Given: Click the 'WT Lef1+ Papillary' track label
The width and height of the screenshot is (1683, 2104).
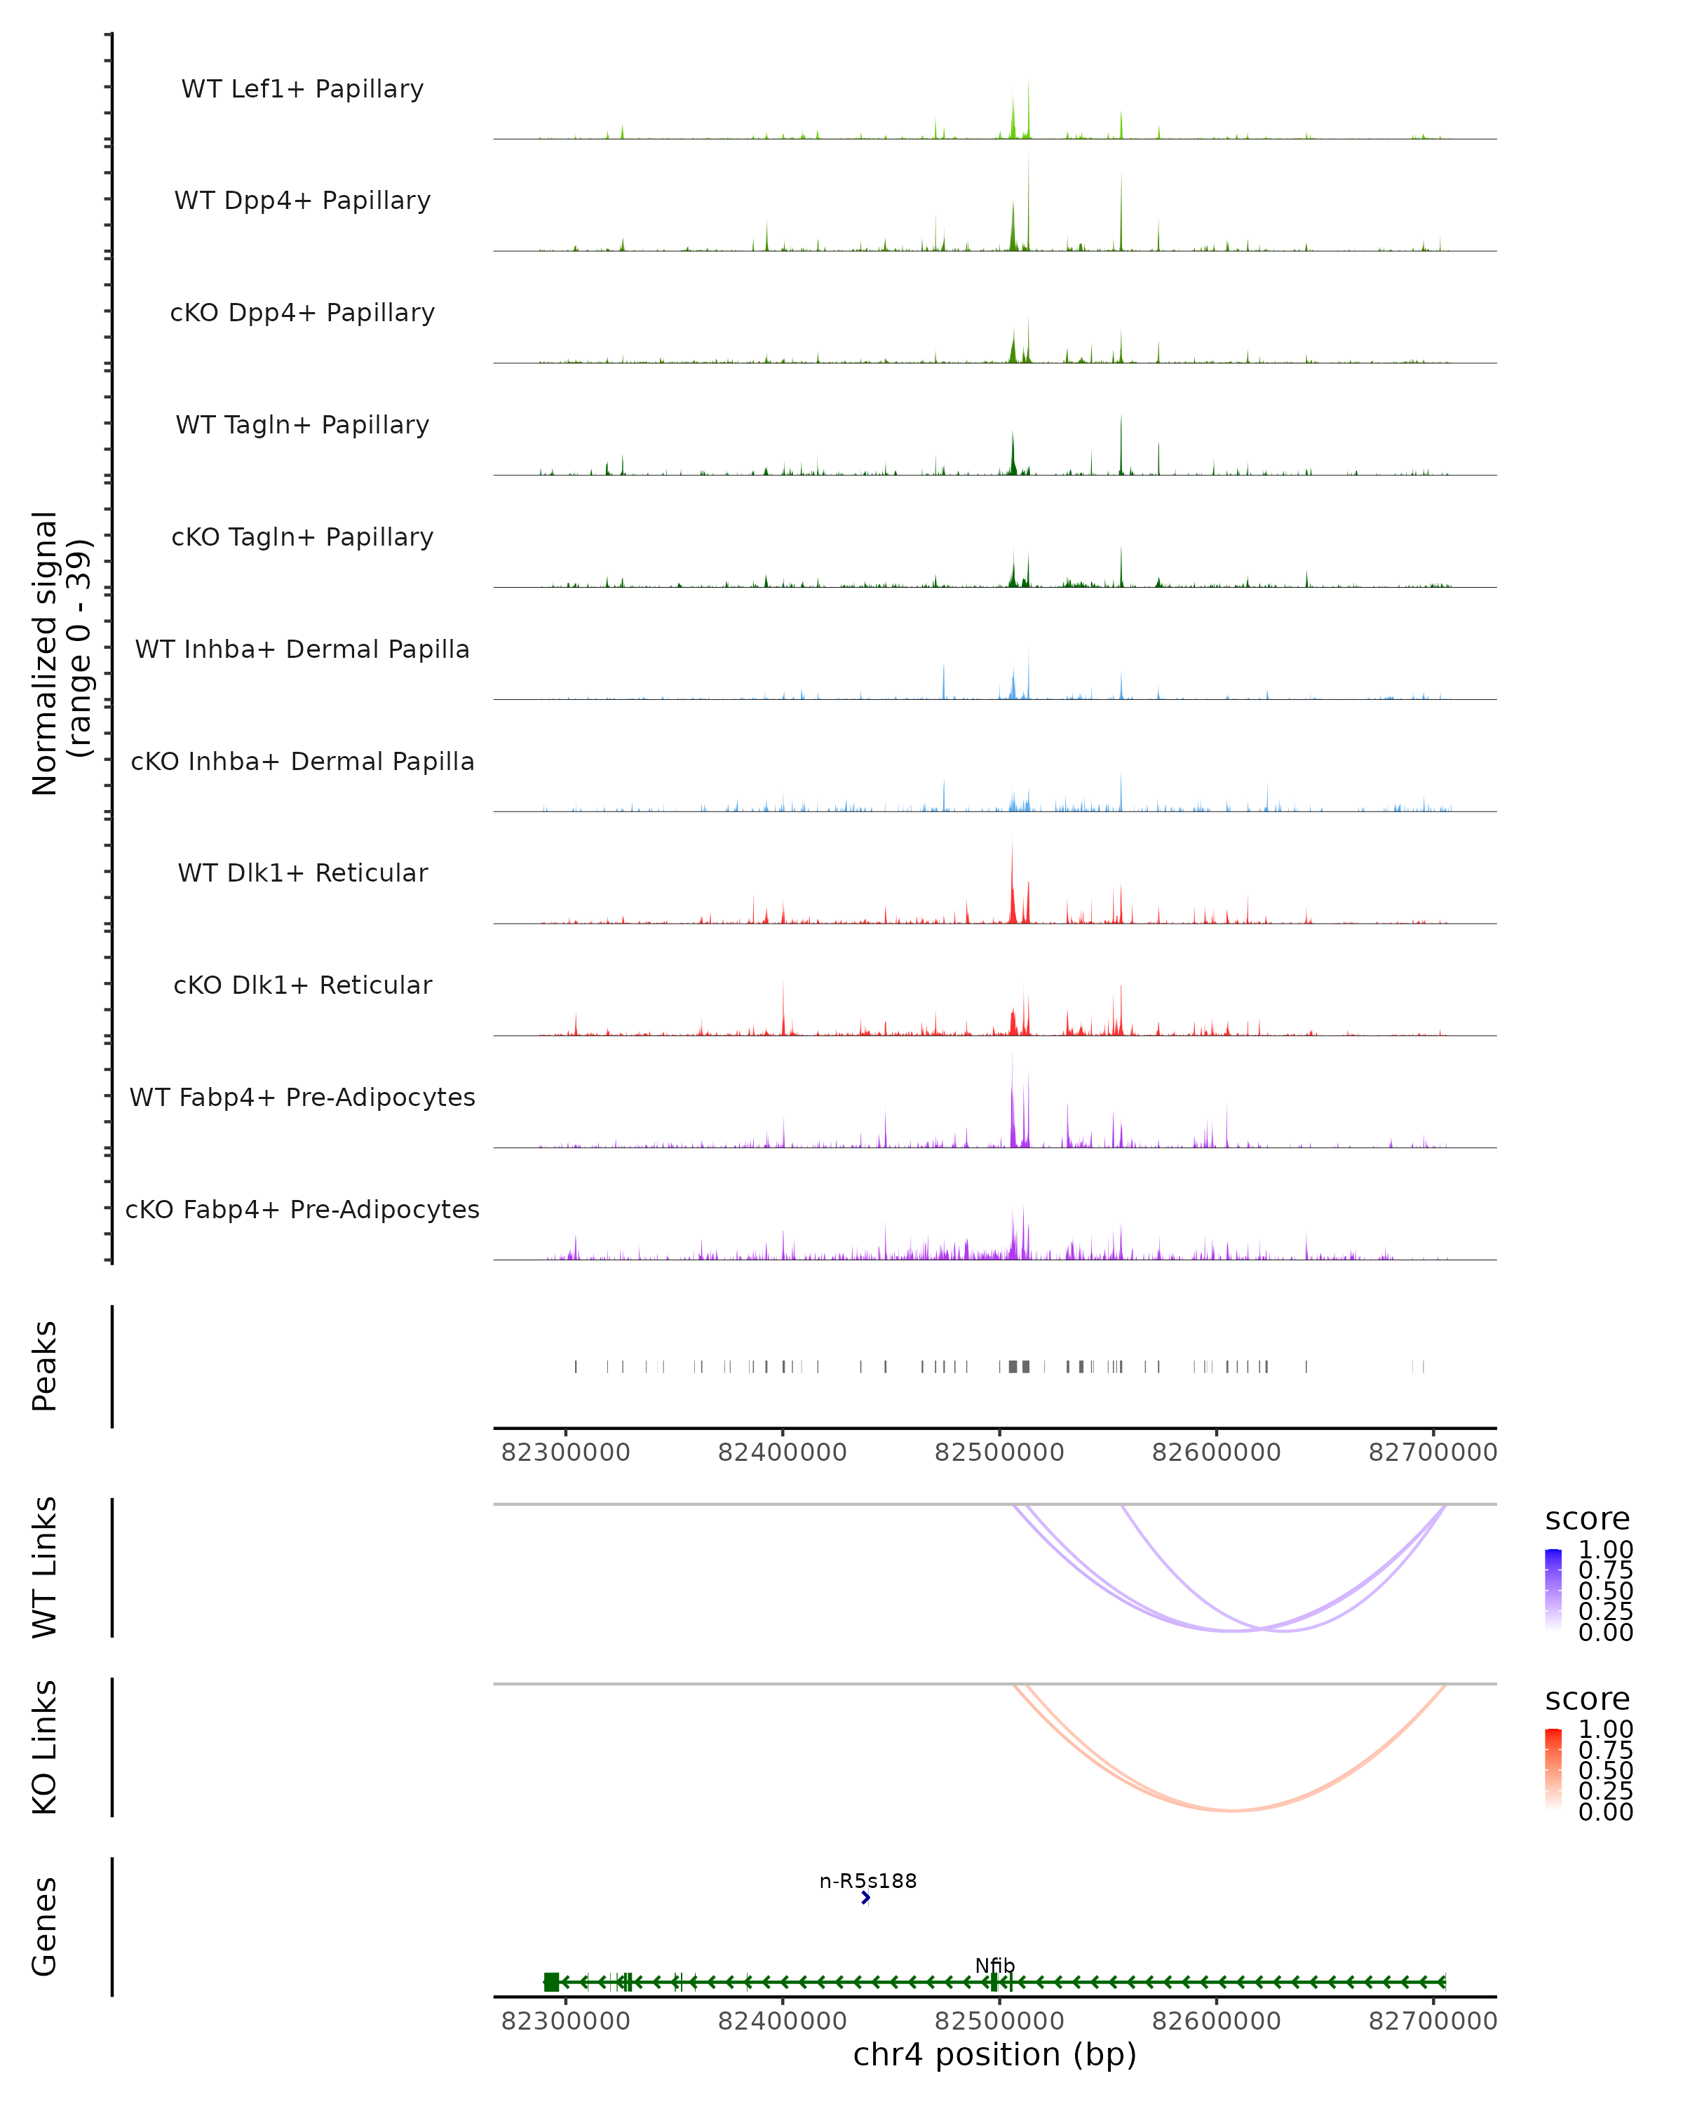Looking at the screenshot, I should pyautogui.click(x=302, y=89).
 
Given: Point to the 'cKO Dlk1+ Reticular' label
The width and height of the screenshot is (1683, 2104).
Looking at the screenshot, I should pyautogui.click(x=302, y=985).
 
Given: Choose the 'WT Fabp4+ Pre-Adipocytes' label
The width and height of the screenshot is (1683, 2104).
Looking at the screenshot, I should pyautogui.click(x=302, y=1097).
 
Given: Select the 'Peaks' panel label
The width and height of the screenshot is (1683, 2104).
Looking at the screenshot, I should pyautogui.click(x=45, y=1365).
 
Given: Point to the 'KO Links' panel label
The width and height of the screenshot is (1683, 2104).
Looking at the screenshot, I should pyautogui.click(x=45, y=1747).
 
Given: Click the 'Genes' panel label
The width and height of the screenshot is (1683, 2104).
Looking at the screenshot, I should pyautogui.click(x=45, y=1927).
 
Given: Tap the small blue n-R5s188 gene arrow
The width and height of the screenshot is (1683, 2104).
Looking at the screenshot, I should pyautogui.click(x=865, y=1898).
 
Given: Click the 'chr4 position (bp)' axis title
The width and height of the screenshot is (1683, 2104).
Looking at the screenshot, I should pyautogui.click(x=994, y=2054).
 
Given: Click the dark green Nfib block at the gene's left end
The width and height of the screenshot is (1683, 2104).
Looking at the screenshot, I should pyautogui.click(x=551, y=1982).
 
